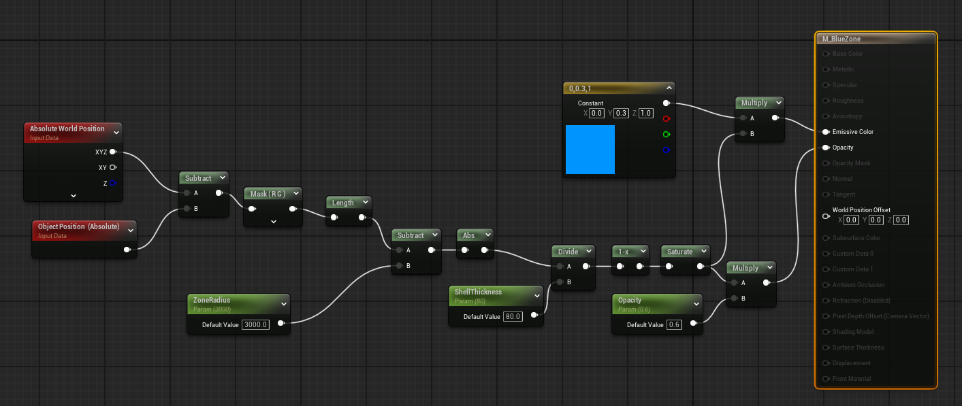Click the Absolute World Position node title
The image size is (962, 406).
[67, 129]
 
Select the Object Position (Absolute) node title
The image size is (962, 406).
[78, 226]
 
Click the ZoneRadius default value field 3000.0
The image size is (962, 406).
[256, 324]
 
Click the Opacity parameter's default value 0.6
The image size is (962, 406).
[674, 324]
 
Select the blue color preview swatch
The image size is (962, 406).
[590, 149]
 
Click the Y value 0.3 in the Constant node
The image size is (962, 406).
[621, 113]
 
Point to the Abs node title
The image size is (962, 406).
[468, 235]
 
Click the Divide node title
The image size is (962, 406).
[568, 251]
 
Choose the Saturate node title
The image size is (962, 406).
[679, 251]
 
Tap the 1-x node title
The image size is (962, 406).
[623, 251]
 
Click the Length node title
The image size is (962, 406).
[342, 202]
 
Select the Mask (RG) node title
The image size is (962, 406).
[268, 194]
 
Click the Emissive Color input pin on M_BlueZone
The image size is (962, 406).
[825, 132]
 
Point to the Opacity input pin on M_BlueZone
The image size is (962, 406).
[825, 148]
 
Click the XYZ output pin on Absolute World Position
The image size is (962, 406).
[112, 152]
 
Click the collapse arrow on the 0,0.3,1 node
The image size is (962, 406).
[669, 88]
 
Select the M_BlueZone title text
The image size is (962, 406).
[841, 39]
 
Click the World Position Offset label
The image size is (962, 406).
[861, 210]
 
